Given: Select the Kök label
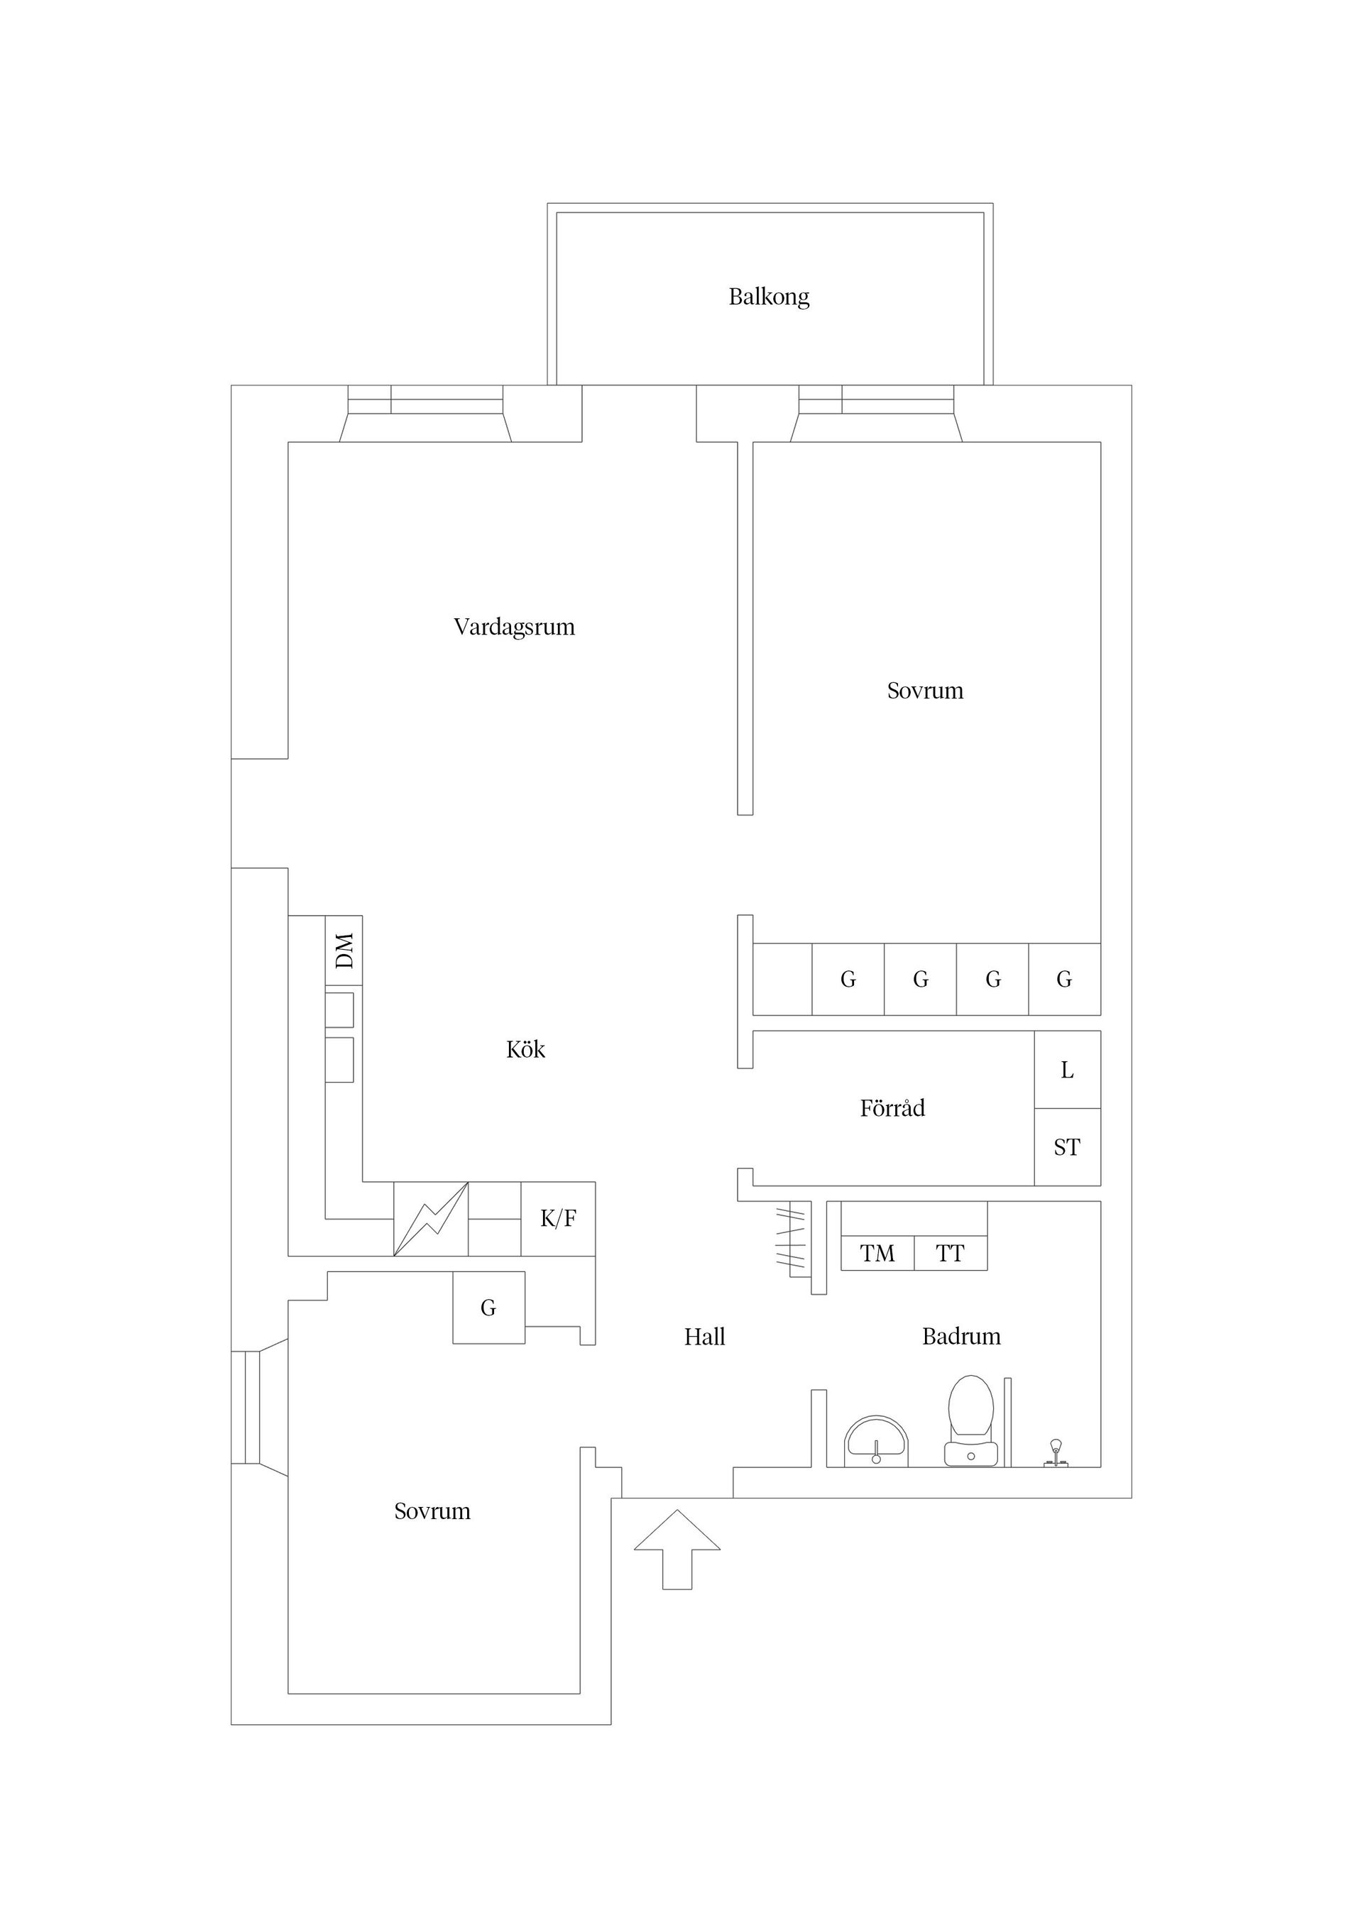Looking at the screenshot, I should pos(526,1050).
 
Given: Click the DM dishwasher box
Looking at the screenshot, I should pos(344,951).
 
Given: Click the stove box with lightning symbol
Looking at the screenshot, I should pos(431,1220).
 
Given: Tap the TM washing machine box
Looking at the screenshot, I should pos(877,1254).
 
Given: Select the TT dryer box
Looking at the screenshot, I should pos(950,1254).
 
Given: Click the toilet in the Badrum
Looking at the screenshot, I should pos(971,1420).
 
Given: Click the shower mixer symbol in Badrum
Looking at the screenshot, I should pos(1056,1452).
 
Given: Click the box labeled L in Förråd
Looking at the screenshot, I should pos(1066,1070).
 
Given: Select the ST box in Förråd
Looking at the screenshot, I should pos(1066,1147).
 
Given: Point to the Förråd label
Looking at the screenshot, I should pos(892,1108).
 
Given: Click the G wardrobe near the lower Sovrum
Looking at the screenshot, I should pos(489,1308).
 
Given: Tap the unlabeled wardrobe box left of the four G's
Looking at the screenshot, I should pos(782,979).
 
